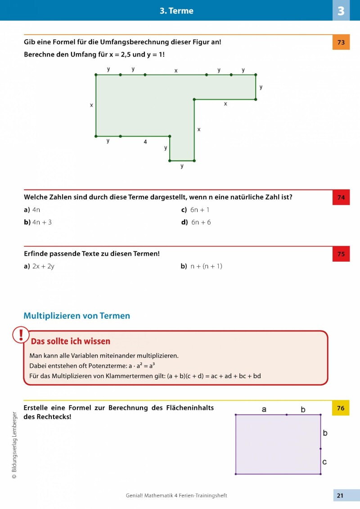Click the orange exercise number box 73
[x=341, y=42]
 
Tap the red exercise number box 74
[x=341, y=197]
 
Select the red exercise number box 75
[x=341, y=254]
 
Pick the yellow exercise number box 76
[x=341, y=408]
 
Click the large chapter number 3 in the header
[x=341, y=10]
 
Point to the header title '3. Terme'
[x=176, y=11]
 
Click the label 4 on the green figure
[x=145, y=142]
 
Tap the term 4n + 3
[x=42, y=222]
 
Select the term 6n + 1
[x=200, y=210]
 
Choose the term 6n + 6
[x=201, y=222]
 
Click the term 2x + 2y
[x=43, y=266]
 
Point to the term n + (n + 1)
[x=206, y=266]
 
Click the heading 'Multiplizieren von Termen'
[x=76, y=316]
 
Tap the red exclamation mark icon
[x=20, y=335]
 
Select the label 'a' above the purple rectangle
[x=264, y=409]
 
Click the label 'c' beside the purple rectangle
[x=324, y=462]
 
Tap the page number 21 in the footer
[x=340, y=496]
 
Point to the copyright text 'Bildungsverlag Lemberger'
[x=14, y=438]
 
